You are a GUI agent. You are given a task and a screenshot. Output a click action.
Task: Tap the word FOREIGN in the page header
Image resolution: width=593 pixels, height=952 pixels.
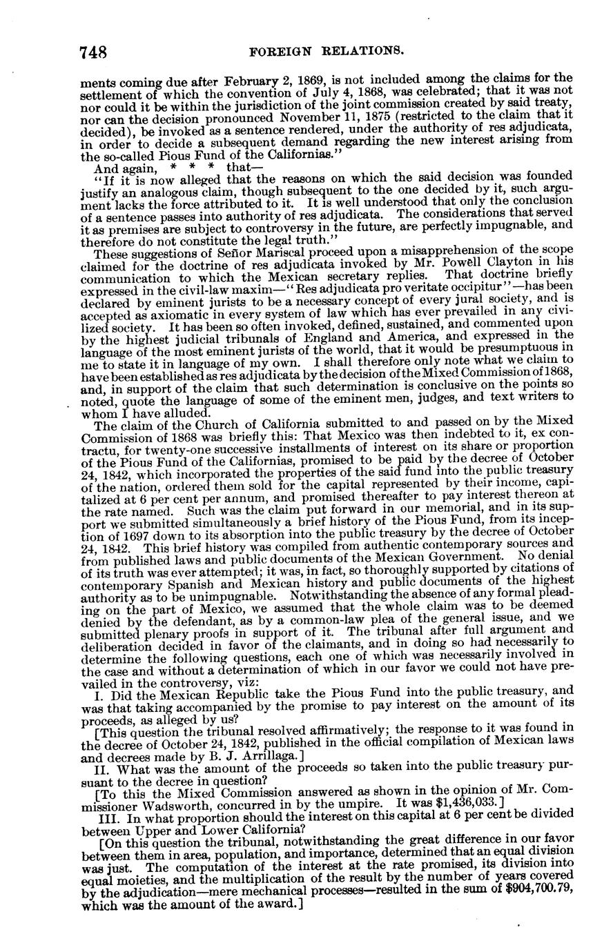(281, 51)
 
